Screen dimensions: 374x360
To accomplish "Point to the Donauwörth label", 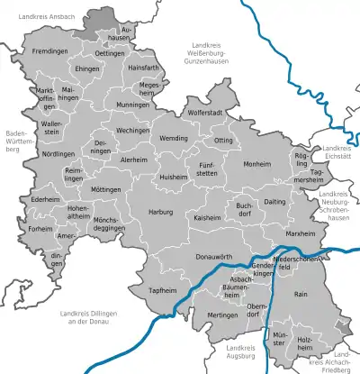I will click(x=188, y=258).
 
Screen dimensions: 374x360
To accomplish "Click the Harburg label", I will click(x=160, y=212).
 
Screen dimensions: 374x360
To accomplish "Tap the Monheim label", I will click(x=256, y=164).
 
